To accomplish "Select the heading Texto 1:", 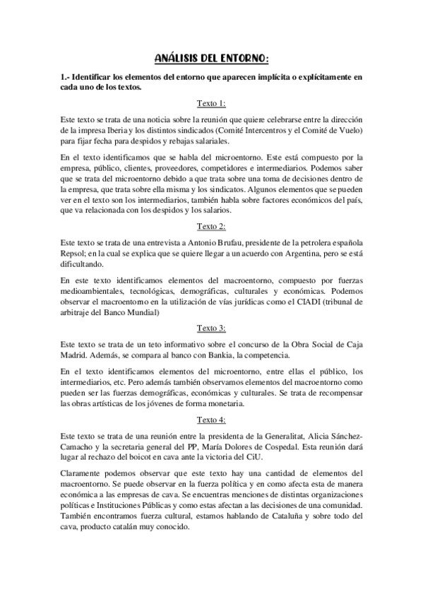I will click(x=211, y=103).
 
